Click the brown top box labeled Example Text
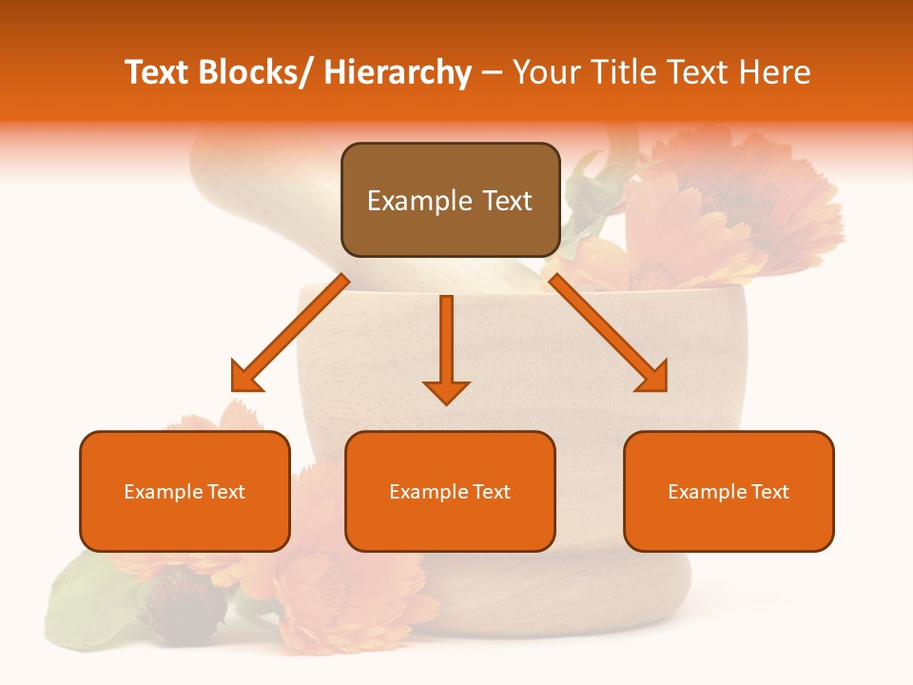[x=450, y=200]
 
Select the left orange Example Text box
[x=185, y=491]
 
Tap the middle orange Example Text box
[x=450, y=491]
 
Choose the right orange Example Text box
[x=728, y=491]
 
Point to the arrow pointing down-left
[x=290, y=333]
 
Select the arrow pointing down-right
[x=609, y=333]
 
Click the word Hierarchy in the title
[x=398, y=72]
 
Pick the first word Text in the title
[x=158, y=72]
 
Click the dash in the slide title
[x=492, y=74]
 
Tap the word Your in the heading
[x=546, y=72]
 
